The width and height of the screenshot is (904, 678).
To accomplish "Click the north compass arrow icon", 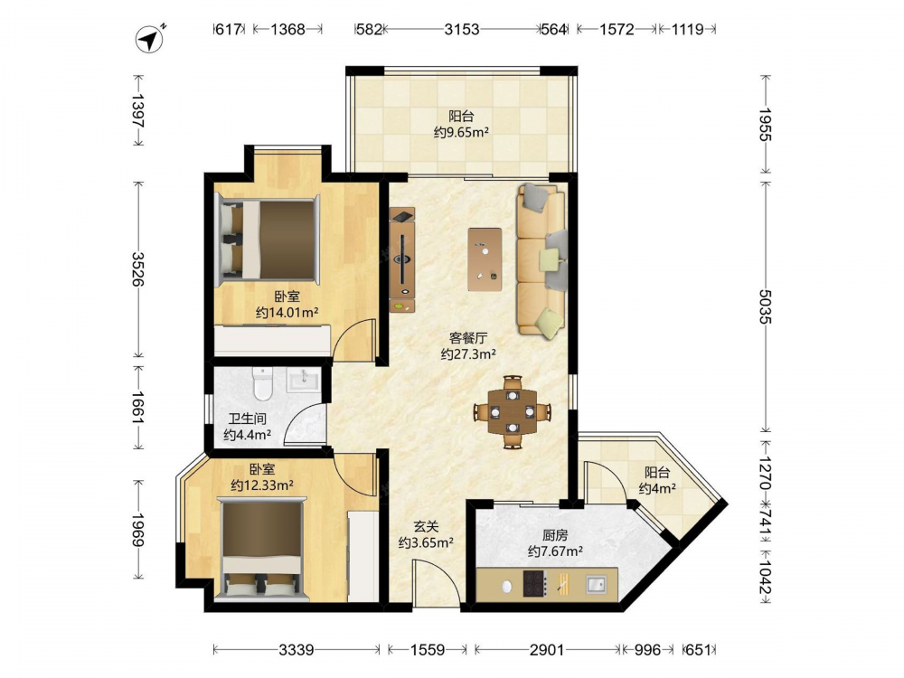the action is [150, 39].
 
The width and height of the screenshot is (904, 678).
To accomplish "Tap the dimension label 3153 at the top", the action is [461, 29].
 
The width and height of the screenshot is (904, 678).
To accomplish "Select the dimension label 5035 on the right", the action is [765, 306].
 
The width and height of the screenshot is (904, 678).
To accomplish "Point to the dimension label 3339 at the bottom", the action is [297, 650].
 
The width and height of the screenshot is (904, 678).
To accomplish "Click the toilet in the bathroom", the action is [262, 383].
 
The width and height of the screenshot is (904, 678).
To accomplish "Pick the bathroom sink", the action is [302, 380].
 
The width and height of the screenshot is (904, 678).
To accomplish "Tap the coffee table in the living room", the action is [485, 259].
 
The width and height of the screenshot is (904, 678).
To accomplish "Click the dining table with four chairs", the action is [513, 411].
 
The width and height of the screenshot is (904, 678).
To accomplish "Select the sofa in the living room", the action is [541, 260].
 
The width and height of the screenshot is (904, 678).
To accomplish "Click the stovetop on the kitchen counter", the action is [533, 583].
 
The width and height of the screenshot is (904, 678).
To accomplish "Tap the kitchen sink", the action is [596, 584].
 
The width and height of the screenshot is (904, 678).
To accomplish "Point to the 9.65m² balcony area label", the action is [461, 132].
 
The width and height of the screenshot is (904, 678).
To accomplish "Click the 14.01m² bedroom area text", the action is [287, 313].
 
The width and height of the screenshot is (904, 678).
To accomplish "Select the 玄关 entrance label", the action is [426, 526].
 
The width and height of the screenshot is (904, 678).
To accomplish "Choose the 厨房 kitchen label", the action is [555, 535].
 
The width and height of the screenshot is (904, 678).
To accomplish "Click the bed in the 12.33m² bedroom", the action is [263, 549].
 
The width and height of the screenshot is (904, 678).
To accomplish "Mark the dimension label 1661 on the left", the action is [138, 409].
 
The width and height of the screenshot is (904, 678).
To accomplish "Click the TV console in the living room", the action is [402, 259].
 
